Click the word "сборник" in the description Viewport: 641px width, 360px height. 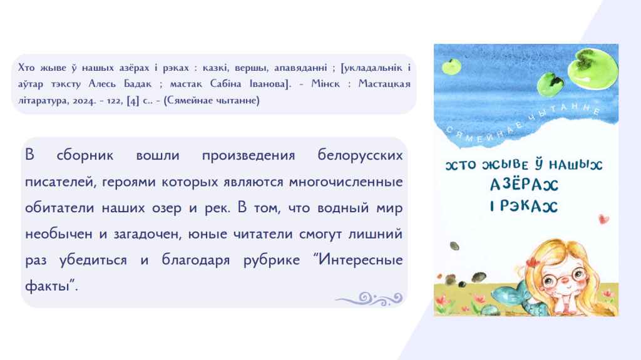pyautogui.click(x=85, y=155)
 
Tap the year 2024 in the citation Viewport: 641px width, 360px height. pyautogui.click(x=84, y=101)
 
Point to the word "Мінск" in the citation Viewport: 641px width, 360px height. pyautogui.click(x=326, y=84)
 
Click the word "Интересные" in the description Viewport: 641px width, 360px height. pyautogui.click(x=361, y=259)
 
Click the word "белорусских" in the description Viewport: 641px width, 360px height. pyautogui.click(x=360, y=155)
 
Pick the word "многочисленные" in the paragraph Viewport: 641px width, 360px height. pyautogui.click(x=346, y=182)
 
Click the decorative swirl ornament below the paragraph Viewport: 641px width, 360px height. pyautogui.click(x=369, y=299)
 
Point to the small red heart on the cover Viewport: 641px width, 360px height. pyautogui.click(x=603, y=219)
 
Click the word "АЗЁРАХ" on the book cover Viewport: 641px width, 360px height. pyautogui.click(x=524, y=185)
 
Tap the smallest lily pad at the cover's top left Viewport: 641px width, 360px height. pyautogui.click(x=451, y=66)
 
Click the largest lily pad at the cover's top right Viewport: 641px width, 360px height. pyautogui.click(x=593, y=69)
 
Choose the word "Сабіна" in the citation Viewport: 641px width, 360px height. pyautogui.click(x=226, y=84)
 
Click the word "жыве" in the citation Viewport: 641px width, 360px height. pyautogui.click(x=53, y=68)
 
